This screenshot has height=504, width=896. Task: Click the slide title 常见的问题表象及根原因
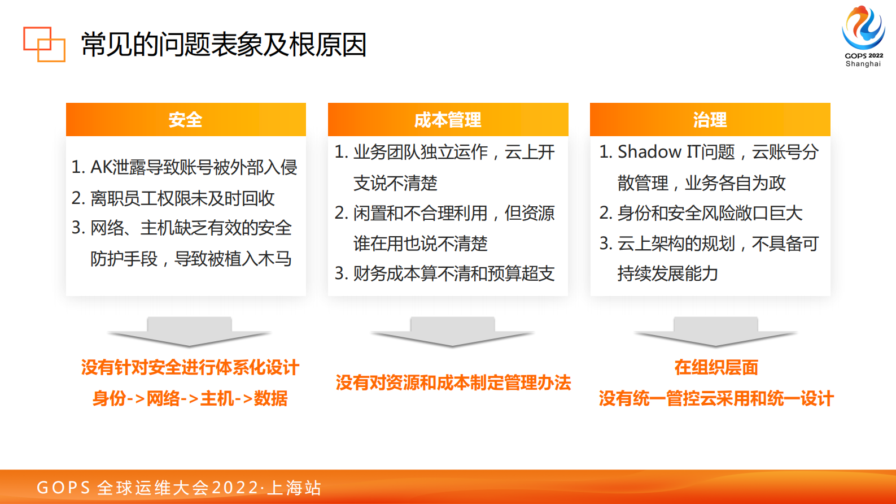pos(224,45)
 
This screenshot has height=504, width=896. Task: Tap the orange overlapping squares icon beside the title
pos(44,44)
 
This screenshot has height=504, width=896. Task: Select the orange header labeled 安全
pos(186,120)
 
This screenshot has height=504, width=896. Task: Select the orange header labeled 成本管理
pos(448,120)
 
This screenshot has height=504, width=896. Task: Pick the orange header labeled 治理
pos(710,120)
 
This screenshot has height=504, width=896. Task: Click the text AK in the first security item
pos(101,167)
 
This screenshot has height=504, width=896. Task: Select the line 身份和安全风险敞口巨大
pos(709,213)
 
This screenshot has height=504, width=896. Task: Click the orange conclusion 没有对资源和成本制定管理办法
pos(453,383)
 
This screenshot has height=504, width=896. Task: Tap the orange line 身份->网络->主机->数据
pos(190,398)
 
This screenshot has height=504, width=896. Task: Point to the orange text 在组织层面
pos(716,368)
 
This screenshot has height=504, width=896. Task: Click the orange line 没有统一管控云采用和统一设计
pos(716,398)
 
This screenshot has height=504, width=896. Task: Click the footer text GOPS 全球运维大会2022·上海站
pos(179,488)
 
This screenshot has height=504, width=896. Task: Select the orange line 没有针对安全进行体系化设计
pos(190,368)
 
